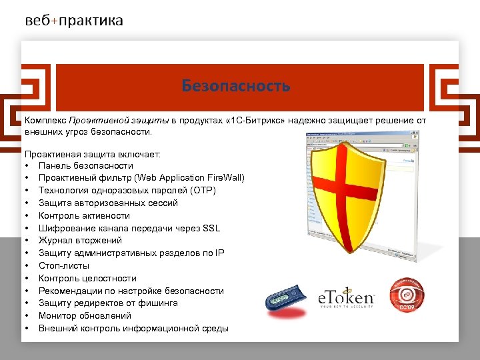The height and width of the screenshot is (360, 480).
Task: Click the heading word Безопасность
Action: point(235,86)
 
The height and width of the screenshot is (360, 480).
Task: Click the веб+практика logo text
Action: point(74,21)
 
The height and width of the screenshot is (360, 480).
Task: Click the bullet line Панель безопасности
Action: point(85,165)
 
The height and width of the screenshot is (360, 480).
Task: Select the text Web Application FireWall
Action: point(189,178)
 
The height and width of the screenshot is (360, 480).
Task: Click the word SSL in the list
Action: point(211,228)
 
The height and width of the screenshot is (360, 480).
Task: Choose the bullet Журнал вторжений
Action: point(80,241)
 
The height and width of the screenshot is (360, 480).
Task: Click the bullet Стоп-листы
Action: point(64,265)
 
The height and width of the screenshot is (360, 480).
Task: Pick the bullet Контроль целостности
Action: point(87,278)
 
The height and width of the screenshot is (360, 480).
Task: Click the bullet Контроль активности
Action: point(84,215)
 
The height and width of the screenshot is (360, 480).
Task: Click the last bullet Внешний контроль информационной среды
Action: point(133,328)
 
